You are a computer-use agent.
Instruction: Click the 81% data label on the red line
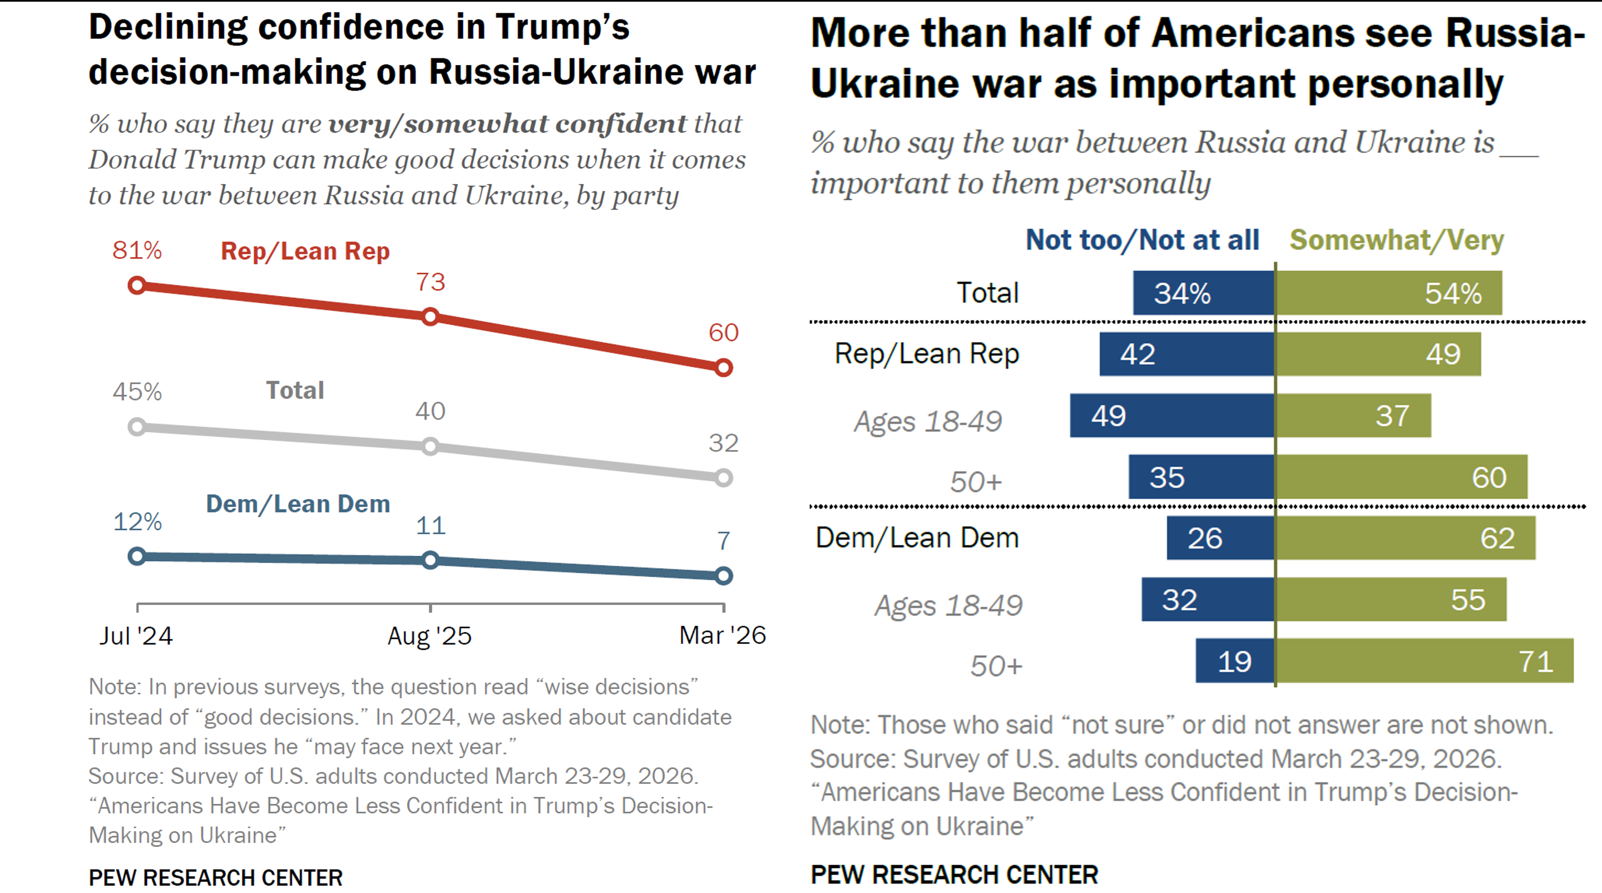137,250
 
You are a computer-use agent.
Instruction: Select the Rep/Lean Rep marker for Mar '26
723,368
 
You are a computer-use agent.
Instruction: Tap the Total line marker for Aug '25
431,446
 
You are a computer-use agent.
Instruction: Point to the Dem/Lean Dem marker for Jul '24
137,556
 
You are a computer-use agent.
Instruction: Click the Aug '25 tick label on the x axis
430,635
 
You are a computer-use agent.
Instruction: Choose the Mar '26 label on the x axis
722,635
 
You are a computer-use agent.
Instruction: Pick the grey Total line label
295,391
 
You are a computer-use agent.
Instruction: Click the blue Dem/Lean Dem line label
298,504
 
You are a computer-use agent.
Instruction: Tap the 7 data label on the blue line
723,541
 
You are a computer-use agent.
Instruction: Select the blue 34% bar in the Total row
1203,293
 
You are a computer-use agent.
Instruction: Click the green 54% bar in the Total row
1388,293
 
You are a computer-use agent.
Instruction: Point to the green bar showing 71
1424,661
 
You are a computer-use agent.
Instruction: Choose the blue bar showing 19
1234,661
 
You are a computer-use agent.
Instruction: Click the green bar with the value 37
1353,416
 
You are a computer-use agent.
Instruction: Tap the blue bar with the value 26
1220,538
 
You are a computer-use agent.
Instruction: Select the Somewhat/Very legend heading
1396,240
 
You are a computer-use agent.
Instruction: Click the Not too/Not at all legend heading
1142,240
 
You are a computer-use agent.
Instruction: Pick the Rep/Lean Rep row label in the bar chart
927,354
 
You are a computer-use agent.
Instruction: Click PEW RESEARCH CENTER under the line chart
215,877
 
